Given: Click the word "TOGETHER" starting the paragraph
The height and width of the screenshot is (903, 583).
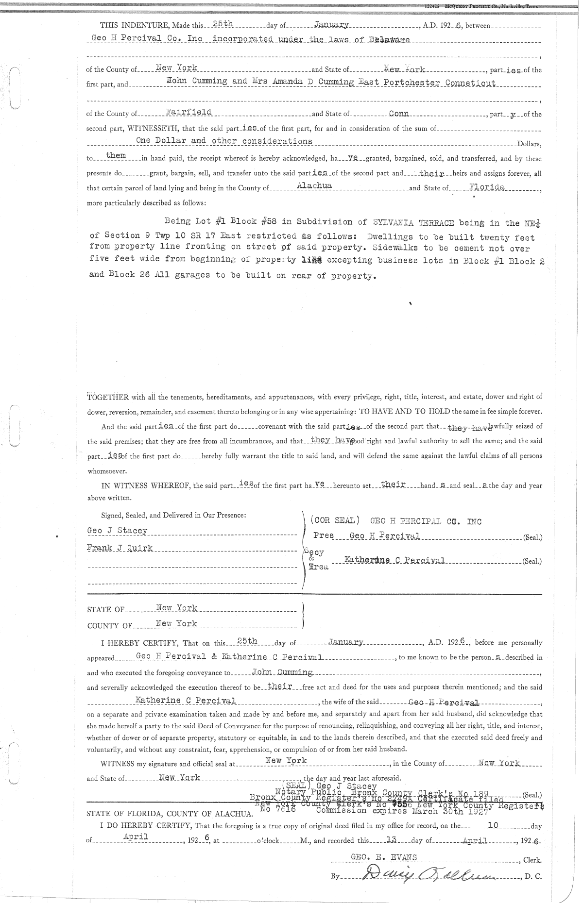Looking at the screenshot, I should coord(107,397).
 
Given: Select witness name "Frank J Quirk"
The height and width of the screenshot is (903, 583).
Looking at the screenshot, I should coord(120,548).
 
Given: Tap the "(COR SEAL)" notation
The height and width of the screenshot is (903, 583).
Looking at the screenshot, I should coord(335,520).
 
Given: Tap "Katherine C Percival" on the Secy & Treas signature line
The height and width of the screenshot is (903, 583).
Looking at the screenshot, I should coord(394,560).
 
